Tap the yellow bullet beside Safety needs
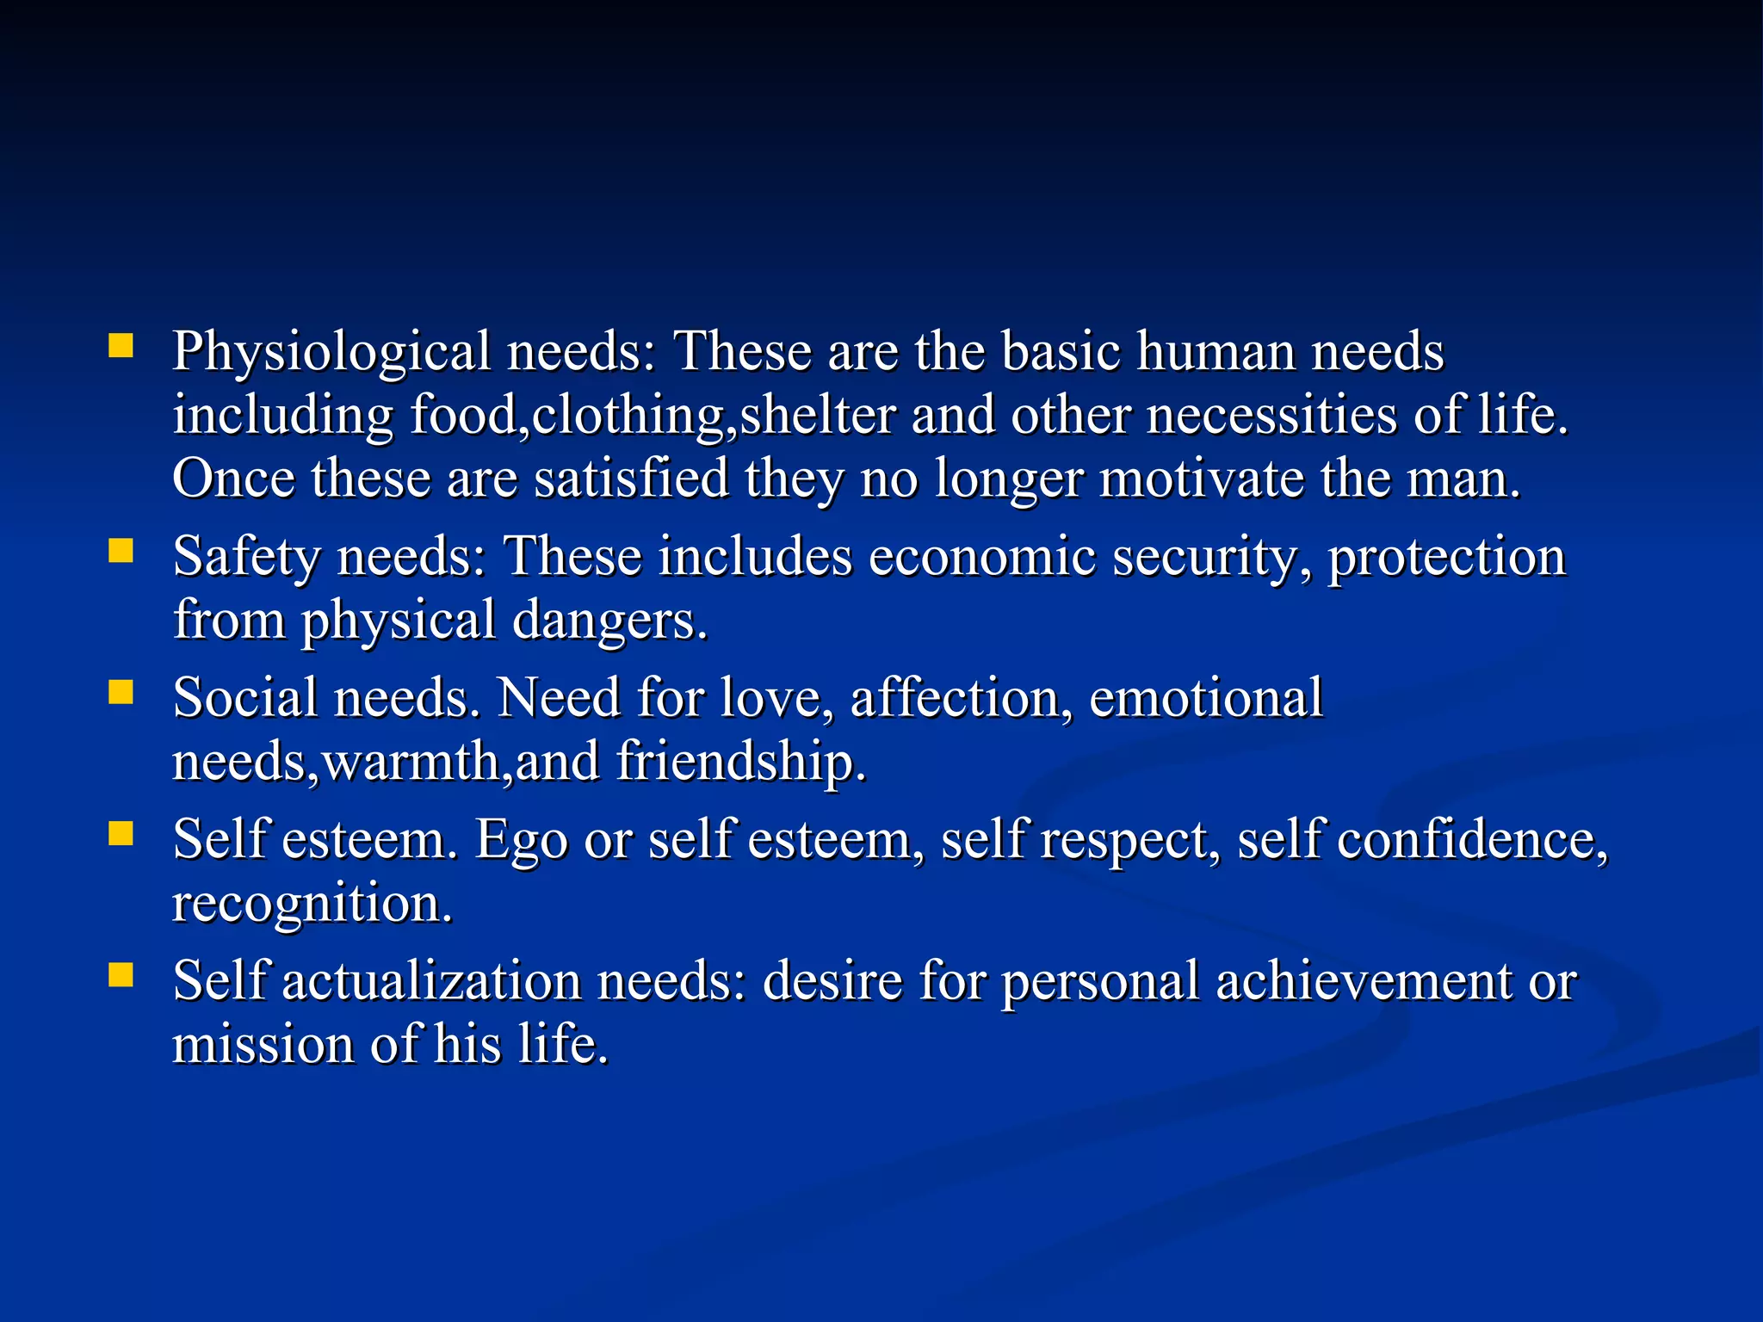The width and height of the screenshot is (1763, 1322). point(121,551)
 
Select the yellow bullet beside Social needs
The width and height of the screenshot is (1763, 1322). point(121,692)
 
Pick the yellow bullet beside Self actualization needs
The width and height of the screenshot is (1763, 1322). point(121,975)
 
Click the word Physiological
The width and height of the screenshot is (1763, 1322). point(331,353)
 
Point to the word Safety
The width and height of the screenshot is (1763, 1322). point(246,558)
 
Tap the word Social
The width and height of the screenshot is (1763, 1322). point(244,698)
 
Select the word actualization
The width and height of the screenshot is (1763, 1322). point(431,981)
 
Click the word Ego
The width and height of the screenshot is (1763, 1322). point(521,841)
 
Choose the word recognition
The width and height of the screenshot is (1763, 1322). point(312,904)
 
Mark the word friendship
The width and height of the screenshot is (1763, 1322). point(740,763)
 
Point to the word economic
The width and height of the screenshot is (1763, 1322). point(981,558)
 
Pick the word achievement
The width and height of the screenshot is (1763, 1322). point(1364,981)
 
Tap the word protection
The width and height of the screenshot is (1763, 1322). point(1446,558)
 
